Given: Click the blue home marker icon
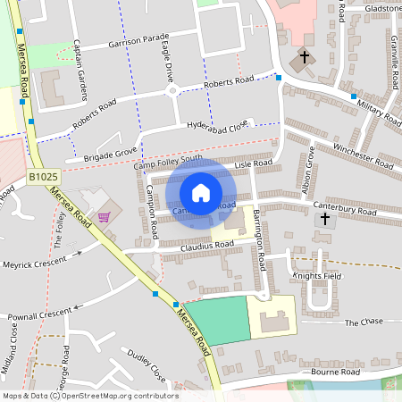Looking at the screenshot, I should coord(201,193).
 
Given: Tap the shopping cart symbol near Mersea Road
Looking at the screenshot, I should coord(105,216).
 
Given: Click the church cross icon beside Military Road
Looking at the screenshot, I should coord(304,57).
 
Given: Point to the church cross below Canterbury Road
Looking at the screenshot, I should coord(325,218).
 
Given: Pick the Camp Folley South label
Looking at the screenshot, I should coord(168,163).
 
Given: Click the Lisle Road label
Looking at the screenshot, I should coord(253,163).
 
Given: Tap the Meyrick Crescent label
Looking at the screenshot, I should coord(35,264).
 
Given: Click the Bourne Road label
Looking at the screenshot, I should coord(335,372).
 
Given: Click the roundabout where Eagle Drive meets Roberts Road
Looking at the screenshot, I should coord(172,89).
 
